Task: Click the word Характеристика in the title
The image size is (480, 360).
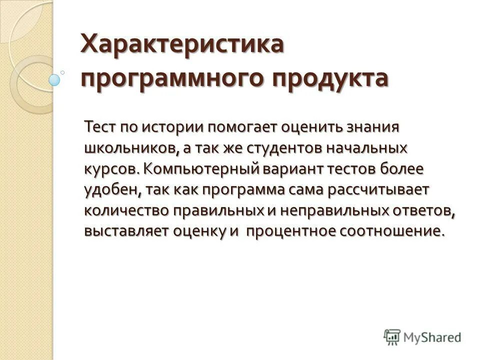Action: [x=182, y=46]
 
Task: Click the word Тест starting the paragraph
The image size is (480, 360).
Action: [x=100, y=126]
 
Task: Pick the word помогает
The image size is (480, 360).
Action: [x=238, y=127]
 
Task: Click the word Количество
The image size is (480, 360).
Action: [x=126, y=211]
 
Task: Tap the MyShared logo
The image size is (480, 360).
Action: [x=422, y=337]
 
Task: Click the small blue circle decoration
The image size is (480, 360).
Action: [x=54, y=78]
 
